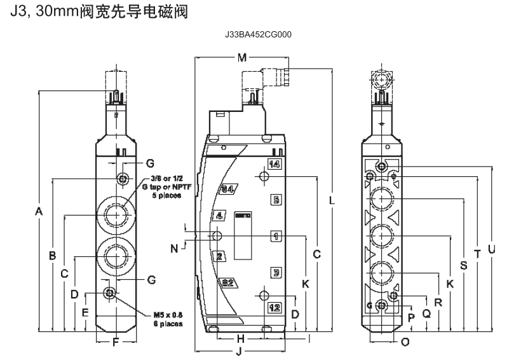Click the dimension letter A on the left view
pos(39,211)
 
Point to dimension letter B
pos(53,256)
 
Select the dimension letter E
pos(85,311)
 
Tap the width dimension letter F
pos(115,343)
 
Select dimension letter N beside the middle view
pos(174,248)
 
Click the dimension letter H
pos(241,338)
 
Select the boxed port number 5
pos(276,200)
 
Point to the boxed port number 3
pos(276,272)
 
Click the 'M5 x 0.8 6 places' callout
pos(169,319)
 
